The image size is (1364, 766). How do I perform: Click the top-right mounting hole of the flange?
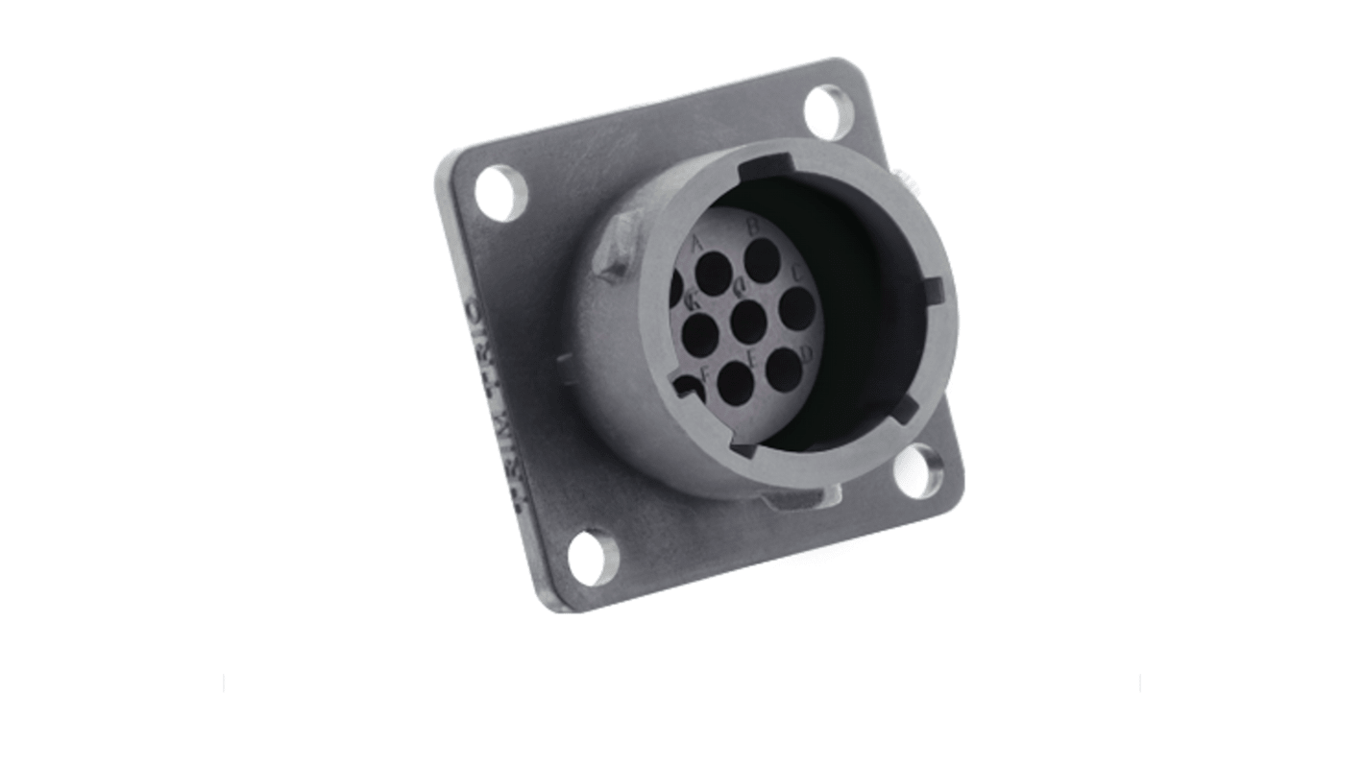click(829, 111)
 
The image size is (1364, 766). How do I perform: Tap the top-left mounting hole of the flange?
click(500, 192)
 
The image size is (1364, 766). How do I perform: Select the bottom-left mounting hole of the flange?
click(593, 558)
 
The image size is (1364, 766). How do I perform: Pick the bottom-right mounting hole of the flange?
click(919, 471)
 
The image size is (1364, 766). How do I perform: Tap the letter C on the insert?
click(797, 271)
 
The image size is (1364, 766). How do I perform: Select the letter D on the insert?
click(807, 354)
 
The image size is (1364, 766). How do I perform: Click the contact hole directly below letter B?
click(762, 260)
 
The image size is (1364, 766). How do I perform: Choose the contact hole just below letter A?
click(714, 274)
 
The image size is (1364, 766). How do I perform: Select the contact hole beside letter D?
click(784, 369)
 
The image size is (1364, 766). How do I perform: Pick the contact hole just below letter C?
click(797, 308)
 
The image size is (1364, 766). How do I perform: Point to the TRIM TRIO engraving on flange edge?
click(489, 403)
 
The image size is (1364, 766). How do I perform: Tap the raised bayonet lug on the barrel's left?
click(613, 245)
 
